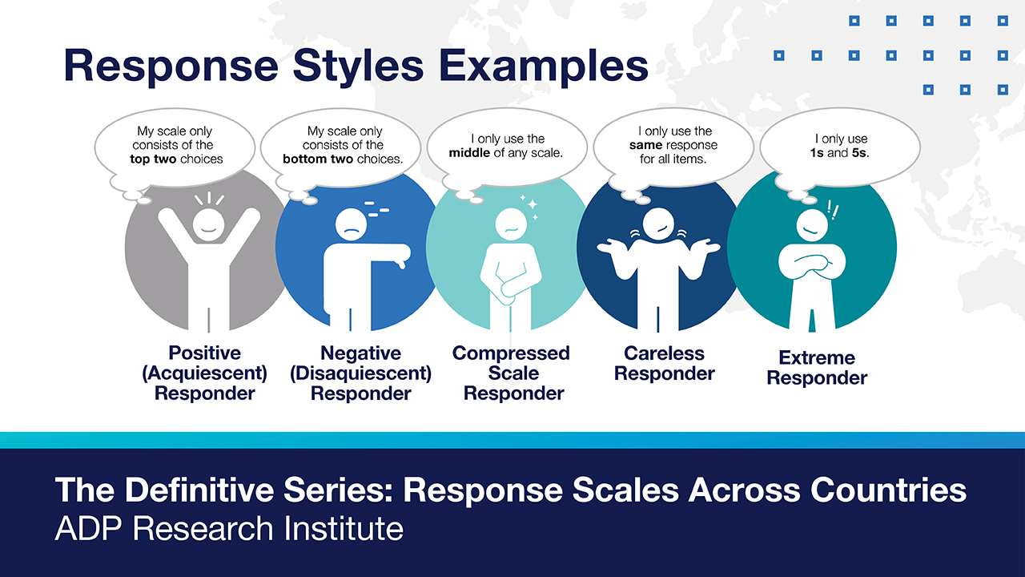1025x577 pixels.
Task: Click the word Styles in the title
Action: pos(358,67)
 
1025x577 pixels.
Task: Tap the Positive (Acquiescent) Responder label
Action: pos(204,373)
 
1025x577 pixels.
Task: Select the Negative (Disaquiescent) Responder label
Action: pos(360,373)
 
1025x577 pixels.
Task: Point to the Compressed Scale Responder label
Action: pos(511,373)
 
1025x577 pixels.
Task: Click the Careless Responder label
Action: pos(665,363)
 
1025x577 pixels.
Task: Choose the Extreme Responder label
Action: pos(817,368)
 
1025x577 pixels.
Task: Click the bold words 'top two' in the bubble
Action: pos(153,159)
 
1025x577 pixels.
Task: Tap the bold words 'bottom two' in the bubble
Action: pos(318,159)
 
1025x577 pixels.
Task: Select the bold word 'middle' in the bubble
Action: pos(469,152)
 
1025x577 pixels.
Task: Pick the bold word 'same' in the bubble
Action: pos(645,145)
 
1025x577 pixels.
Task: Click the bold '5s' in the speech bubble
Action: pos(859,152)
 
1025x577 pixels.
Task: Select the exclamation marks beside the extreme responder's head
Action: pos(833,210)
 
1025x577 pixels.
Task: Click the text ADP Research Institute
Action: pos(229,528)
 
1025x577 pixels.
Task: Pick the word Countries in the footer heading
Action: pos(889,490)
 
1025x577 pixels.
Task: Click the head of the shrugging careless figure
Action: pos(658,224)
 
